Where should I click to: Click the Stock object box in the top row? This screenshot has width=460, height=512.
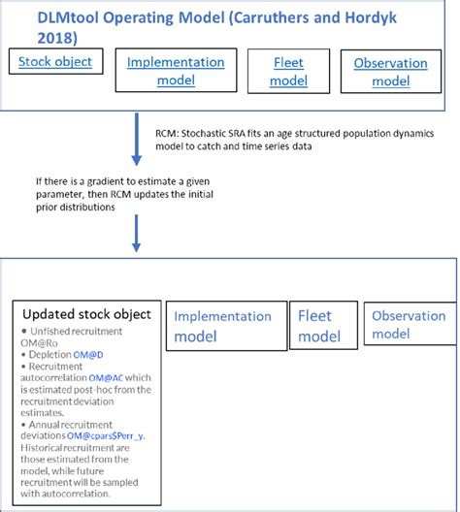pyautogui.click(x=56, y=63)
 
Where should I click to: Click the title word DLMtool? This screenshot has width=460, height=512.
pyautogui.click(x=73, y=14)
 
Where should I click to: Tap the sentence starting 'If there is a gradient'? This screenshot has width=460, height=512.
pyautogui.click(x=126, y=180)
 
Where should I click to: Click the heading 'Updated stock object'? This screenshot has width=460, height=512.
pyautogui.click(x=86, y=314)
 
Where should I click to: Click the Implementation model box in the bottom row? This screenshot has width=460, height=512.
pyautogui.click(x=224, y=326)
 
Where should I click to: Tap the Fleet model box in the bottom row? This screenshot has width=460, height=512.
pyautogui.click(x=319, y=326)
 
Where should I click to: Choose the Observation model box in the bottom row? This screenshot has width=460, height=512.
pyautogui.click(x=409, y=325)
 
